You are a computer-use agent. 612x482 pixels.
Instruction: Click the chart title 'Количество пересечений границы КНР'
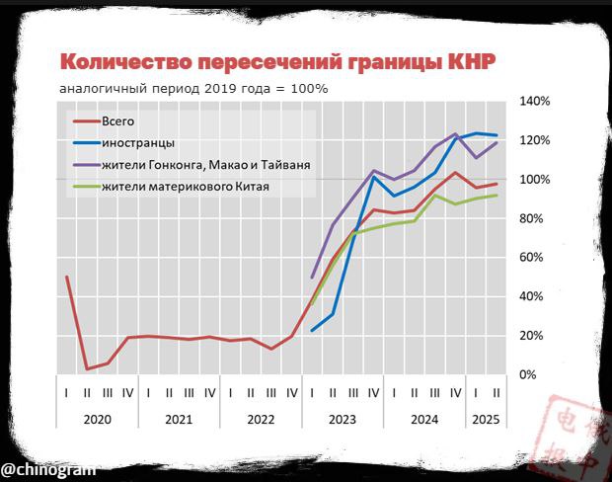pos(278,61)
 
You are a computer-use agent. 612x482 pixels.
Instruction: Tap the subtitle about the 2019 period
pos(192,88)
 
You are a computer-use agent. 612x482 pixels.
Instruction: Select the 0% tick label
pos(530,375)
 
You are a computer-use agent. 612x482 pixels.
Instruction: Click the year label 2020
pos(97,419)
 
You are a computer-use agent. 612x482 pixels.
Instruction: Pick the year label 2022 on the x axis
pos(261,419)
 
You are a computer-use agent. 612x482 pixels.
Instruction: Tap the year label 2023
pos(343,419)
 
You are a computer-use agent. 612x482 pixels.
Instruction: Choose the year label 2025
pos(486,419)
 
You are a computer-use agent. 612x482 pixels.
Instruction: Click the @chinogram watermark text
pos(47,465)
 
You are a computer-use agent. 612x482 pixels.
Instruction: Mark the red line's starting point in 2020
pos(66,277)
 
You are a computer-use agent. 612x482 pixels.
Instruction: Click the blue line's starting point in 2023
pos(312,331)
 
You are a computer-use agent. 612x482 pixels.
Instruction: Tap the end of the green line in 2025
pos(496,195)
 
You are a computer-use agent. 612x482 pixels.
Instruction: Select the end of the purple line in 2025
pos(496,142)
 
